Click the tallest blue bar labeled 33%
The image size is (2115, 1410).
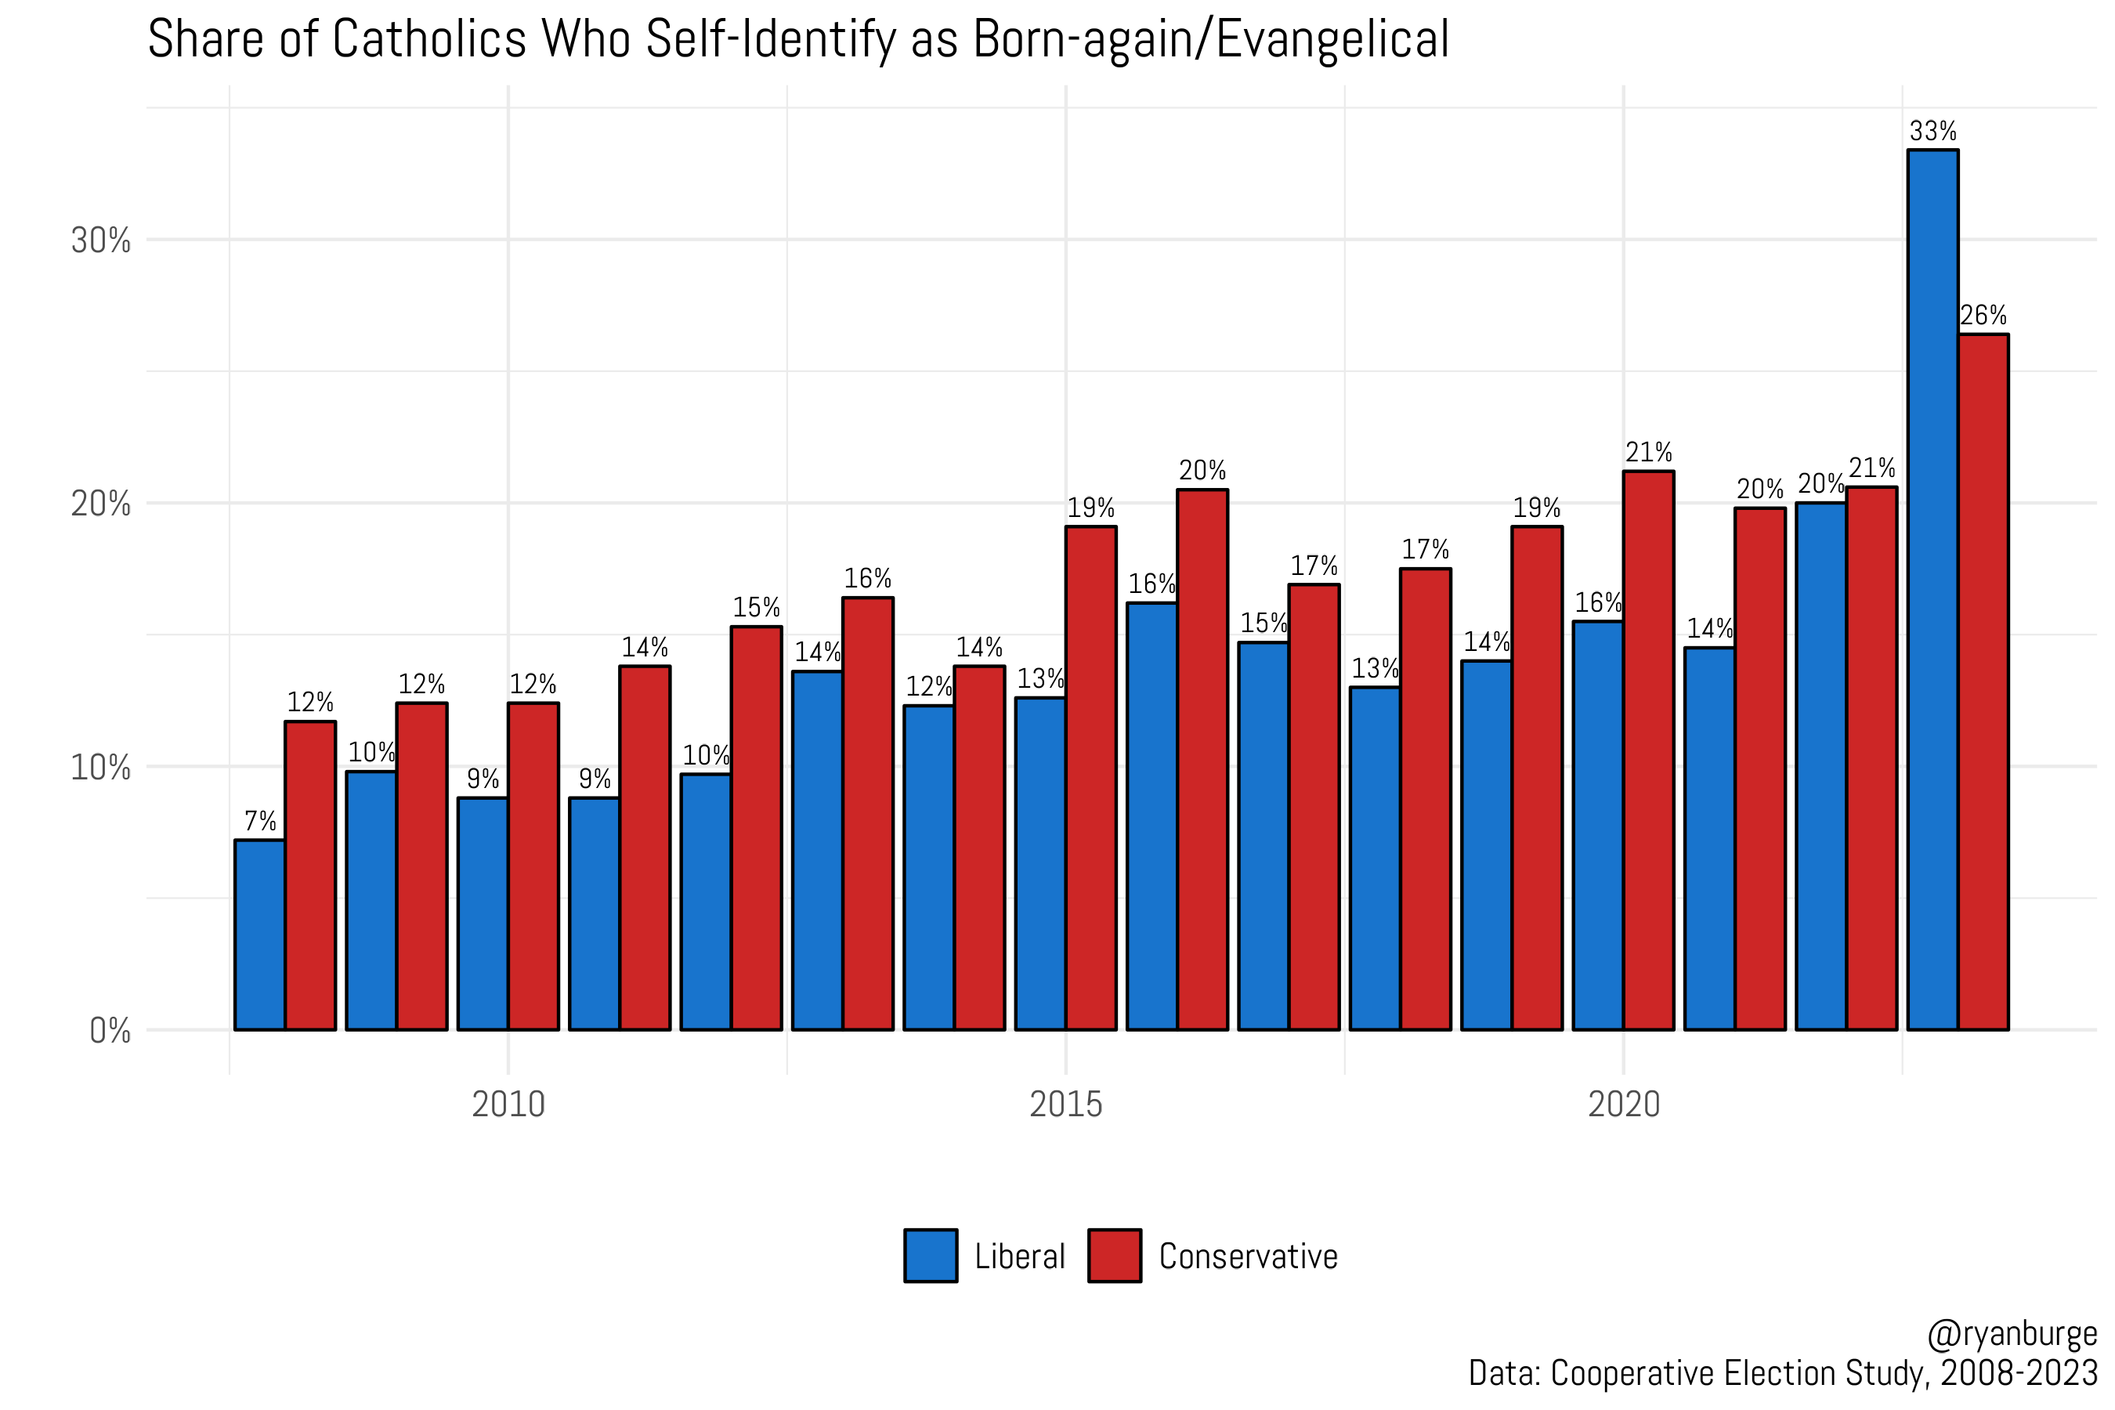coord(1932,589)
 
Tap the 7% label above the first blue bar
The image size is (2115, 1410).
coord(261,821)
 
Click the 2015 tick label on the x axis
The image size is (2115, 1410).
coord(1065,1104)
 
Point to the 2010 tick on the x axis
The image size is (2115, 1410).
coord(508,1104)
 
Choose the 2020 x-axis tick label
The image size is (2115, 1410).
coord(1623,1104)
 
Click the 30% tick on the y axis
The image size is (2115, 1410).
coord(101,241)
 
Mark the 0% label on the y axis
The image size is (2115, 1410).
coord(110,1031)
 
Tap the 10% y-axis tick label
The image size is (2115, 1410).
coord(101,768)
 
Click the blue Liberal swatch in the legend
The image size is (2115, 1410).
coord(931,1256)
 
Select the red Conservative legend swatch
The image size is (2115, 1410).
coord(1114,1256)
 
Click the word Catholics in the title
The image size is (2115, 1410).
coord(429,40)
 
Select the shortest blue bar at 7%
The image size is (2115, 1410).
coord(260,935)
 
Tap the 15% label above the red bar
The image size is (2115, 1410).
coord(756,608)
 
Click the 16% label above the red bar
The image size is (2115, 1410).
coord(868,578)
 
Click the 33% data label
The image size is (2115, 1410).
coord(1932,132)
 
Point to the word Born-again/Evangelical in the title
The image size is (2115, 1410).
coord(1210,40)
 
